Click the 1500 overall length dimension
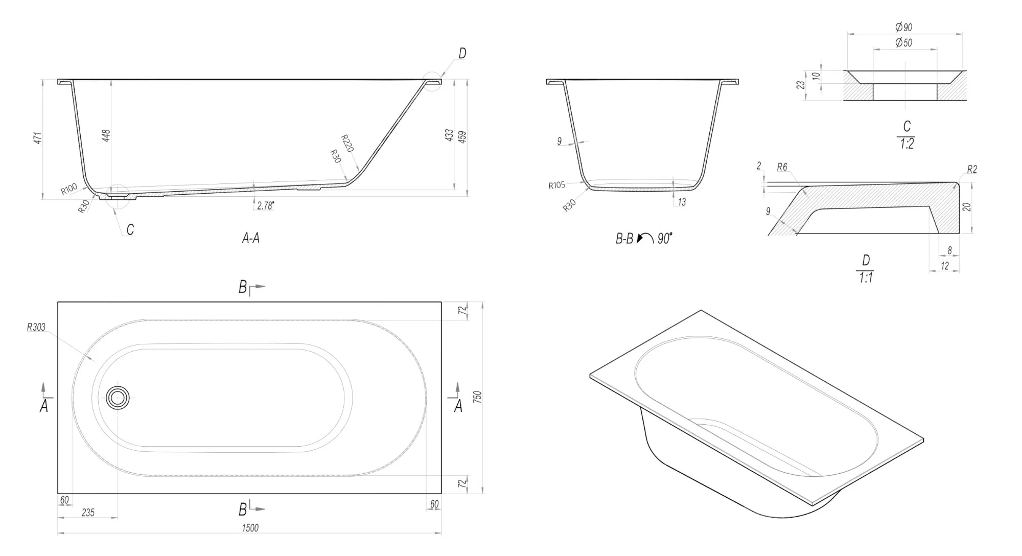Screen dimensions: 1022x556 250,528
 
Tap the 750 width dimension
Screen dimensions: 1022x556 478,398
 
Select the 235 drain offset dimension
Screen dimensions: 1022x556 88,513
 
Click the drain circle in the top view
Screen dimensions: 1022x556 118,397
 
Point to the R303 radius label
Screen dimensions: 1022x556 36,328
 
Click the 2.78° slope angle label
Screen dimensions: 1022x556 266,205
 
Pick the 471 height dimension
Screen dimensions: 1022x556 37,138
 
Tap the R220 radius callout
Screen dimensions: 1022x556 347,144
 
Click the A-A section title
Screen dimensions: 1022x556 250,238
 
